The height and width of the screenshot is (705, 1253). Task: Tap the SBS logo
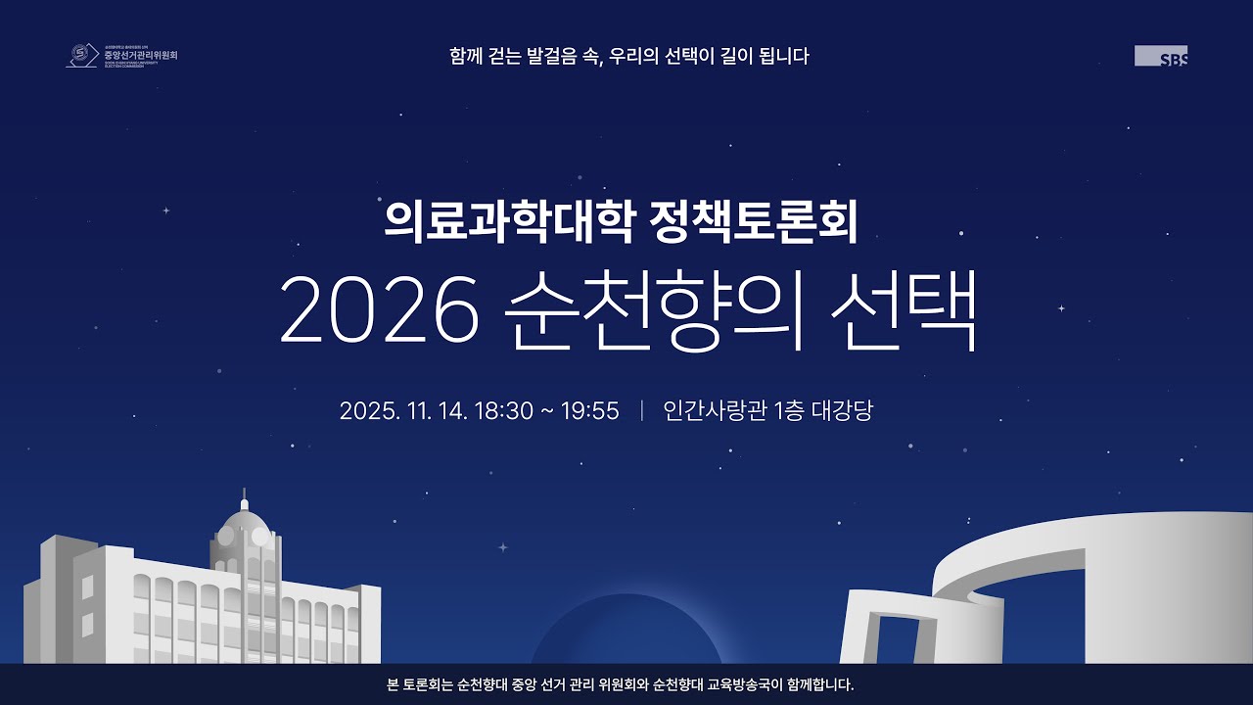coord(1161,56)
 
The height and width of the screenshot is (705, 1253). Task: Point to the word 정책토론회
coord(753,222)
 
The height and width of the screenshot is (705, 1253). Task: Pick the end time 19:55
coord(590,410)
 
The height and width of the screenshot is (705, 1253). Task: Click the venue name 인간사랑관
coord(716,410)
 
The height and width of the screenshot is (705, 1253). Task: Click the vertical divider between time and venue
coord(641,410)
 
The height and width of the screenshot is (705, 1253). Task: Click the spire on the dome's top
coord(244,496)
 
